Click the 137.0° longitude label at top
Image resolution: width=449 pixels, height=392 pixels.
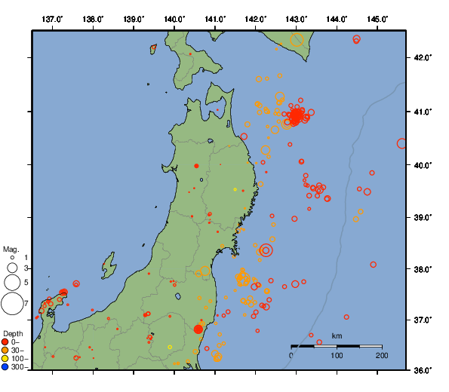tap(52, 19)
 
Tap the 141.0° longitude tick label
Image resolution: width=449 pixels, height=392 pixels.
tap(215, 19)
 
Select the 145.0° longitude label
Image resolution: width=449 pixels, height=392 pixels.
tap(378, 19)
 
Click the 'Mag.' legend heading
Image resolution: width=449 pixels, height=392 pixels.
tap(11, 249)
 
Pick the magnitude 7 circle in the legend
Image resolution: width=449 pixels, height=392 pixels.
tap(11, 304)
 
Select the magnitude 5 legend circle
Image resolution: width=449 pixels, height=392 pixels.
tap(11, 282)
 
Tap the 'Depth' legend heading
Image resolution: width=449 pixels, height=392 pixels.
tap(13, 333)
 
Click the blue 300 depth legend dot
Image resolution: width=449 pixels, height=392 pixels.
tap(5, 367)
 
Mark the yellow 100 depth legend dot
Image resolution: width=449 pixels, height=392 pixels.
tap(5, 359)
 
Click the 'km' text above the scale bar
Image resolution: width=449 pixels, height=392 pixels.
tap(337, 335)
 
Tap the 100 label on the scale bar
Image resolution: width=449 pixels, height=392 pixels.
tap(337, 355)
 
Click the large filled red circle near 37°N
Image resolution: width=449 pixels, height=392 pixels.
tap(198, 329)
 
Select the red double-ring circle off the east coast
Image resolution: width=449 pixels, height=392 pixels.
tap(266, 250)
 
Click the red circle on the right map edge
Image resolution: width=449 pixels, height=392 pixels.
tap(402, 143)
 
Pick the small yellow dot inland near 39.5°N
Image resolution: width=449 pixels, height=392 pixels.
tap(235, 189)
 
